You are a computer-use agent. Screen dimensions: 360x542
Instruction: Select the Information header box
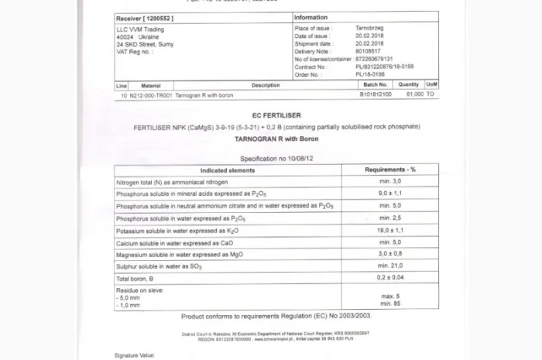click(310, 17)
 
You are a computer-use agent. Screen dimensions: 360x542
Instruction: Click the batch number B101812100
click(376, 94)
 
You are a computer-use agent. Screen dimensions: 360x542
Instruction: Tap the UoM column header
click(432, 84)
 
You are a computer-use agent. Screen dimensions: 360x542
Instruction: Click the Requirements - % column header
click(389, 169)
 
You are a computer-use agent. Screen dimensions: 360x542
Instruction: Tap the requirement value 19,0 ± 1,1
click(389, 230)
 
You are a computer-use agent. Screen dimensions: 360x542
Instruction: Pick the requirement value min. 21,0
click(389, 266)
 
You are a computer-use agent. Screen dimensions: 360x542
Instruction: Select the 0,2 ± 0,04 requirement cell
click(389, 278)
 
